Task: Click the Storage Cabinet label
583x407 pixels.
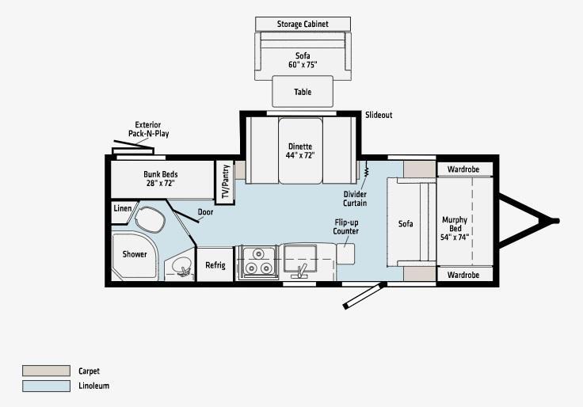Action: [303, 25]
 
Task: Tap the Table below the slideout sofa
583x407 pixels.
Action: [303, 91]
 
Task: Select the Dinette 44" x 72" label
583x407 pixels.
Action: [300, 150]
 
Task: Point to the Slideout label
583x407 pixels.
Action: [379, 115]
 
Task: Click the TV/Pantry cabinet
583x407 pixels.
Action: [225, 182]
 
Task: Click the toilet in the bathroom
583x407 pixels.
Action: [150, 219]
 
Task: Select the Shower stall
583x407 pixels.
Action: [134, 256]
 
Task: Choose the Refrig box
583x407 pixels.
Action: [215, 264]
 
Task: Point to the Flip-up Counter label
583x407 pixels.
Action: [346, 226]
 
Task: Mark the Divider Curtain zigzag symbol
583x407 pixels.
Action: [366, 169]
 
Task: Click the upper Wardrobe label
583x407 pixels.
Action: [463, 169]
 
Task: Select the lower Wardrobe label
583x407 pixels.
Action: [463, 275]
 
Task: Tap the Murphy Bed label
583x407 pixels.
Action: [455, 228]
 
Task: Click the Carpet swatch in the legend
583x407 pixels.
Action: [46, 371]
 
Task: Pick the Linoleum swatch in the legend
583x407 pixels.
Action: [46, 386]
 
